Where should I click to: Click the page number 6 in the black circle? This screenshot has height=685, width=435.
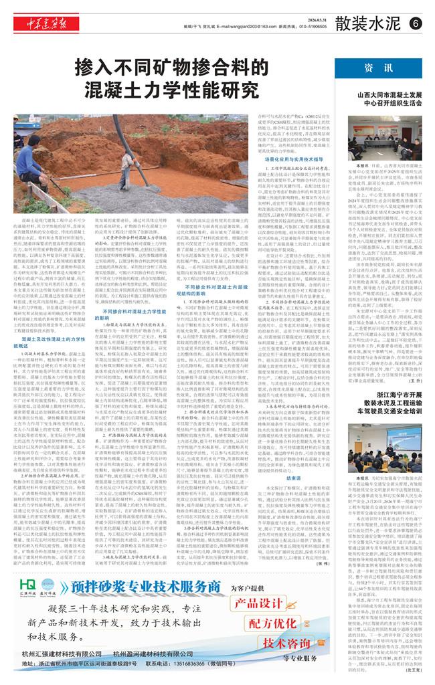(x=415, y=23)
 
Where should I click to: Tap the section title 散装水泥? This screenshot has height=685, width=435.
(x=372, y=23)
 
